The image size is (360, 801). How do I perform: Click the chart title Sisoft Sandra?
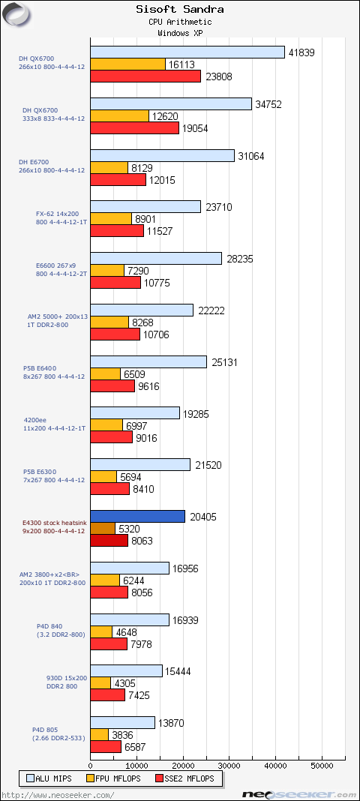point(180,9)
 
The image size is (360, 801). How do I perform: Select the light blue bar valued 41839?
point(187,52)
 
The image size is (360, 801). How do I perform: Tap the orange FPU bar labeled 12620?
point(120,116)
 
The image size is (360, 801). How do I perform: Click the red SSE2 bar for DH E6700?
point(118,180)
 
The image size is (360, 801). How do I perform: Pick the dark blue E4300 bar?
point(138,517)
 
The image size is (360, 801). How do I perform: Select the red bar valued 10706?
point(115,334)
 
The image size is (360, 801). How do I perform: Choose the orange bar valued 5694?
point(103,477)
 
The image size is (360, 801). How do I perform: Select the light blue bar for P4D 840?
point(130,619)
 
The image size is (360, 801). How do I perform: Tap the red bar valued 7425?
point(108,695)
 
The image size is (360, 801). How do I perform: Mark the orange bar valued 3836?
point(100,734)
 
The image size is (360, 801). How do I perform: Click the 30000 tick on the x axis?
point(229,766)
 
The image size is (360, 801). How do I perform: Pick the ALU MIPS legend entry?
point(49,778)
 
